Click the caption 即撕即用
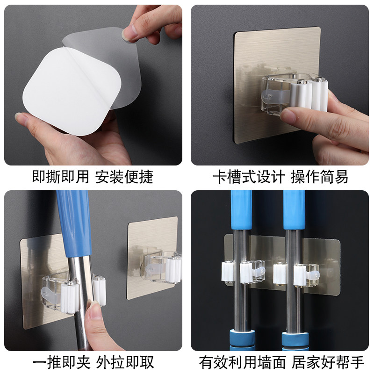pos(61,177)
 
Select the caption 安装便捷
pos(124,177)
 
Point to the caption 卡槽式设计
pos(249,177)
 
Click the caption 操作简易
pos(320,177)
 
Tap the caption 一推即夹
pos(61,363)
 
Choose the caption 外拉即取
pos(125,363)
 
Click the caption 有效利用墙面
pos(243,363)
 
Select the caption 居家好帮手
pos(328,363)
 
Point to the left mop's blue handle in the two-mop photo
pos(241,210)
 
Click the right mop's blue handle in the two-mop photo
pos(294,210)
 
